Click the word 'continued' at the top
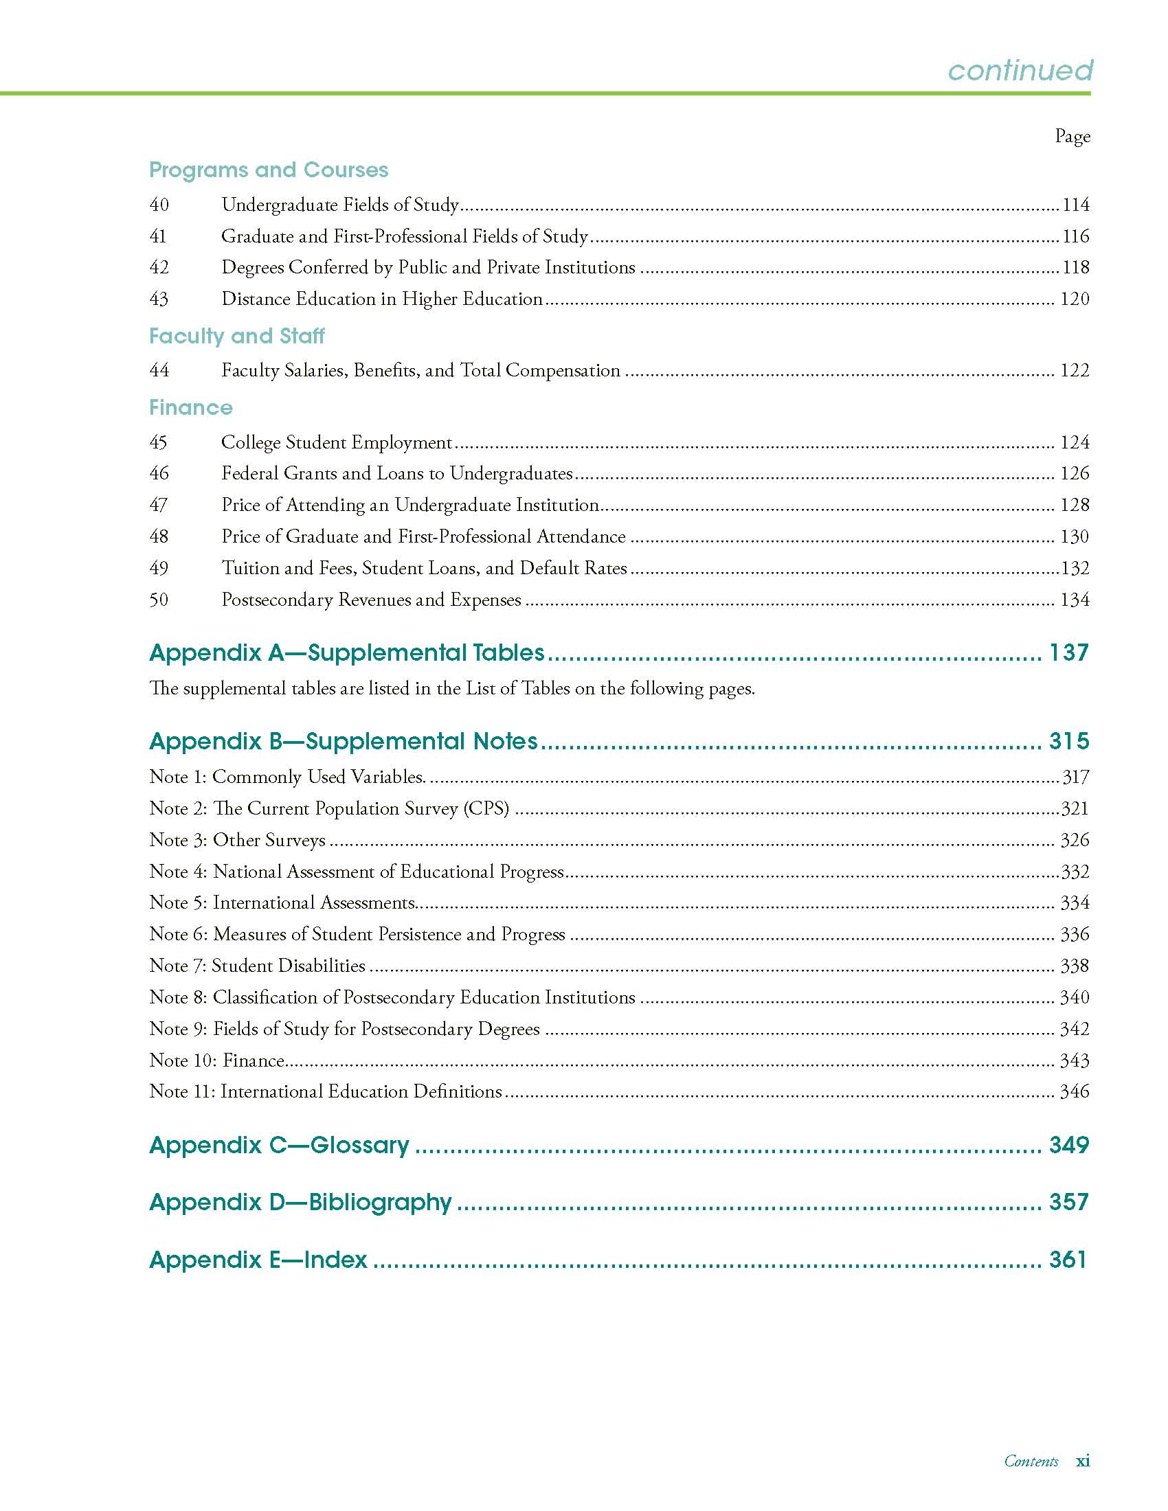coord(1020,70)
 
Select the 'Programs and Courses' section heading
coord(269,170)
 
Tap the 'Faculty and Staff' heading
coord(236,337)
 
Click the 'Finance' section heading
coord(191,407)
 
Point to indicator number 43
coord(159,299)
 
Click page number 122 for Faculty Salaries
coord(1075,370)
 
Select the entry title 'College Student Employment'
coord(336,442)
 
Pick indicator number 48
coord(159,536)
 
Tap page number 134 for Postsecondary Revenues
coord(1075,599)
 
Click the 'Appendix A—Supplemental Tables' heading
coord(347,652)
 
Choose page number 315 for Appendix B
coord(1069,741)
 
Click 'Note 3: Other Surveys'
coord(237,840)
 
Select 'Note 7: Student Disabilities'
coord(258,966)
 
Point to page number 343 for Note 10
coord(1075,1060)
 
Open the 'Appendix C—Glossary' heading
coord(280,1145)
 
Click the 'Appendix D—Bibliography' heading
coord(300,1202)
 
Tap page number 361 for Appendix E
coord(1068,1259)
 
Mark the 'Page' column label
coord(1072,136)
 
